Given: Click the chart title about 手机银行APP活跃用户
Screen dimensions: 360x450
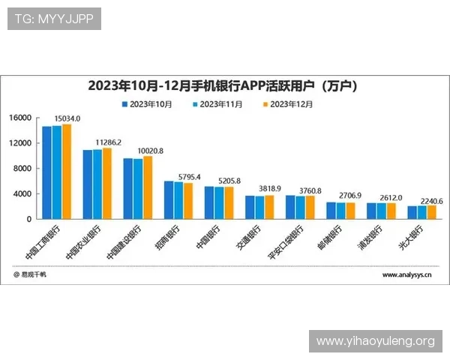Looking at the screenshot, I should click(x=222, y=85).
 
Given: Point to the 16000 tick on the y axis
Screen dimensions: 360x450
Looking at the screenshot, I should click(x=19, y=118).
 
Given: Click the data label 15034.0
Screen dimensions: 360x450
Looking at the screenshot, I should click(x=67, y=118).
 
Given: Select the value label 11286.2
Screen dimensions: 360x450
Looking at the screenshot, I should click(x=108, y=142).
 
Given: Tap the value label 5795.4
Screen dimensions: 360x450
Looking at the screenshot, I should click(x=187, y=176).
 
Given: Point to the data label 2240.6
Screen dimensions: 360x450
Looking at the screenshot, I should click(x=430, y=201).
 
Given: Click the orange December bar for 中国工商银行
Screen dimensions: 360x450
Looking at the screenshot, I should click(x=67, y=172).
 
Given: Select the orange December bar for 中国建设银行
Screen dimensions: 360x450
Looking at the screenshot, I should click(x=148, y=187).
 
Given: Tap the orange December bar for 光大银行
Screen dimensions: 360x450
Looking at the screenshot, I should click(x=431, y=212).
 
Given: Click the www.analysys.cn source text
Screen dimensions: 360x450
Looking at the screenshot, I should click(x=406, y=275).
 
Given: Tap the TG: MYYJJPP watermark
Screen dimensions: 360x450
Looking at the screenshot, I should click(x=53, y=19).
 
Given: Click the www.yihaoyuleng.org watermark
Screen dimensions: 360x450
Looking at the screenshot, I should click(x=375, y=341).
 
